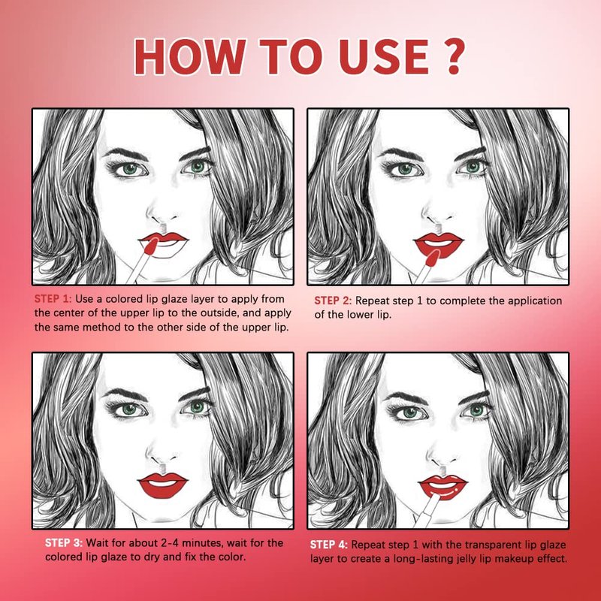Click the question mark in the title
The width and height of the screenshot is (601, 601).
[x=454, y=56]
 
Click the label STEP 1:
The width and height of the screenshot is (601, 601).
[x=53, y=299]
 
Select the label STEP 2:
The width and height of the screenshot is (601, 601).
[x=333, y=301]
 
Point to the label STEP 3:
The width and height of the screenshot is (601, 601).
[x=64, y=543]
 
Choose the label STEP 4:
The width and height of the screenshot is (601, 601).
[x=329, y=545]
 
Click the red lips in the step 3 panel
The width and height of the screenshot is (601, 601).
[x=162, y=485]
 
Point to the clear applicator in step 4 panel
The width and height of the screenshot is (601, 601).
[x=427, y=509]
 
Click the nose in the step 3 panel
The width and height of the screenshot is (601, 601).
[x=160, y=456]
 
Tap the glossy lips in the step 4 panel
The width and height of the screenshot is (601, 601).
[x=443, y=488]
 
